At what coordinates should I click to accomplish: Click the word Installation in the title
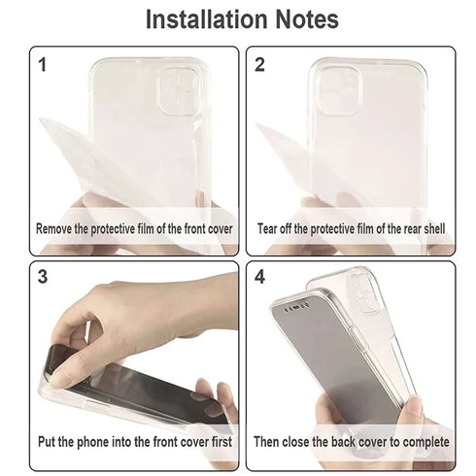(201, 19)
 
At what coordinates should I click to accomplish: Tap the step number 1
(42, 65)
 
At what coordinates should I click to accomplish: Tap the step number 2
(260, 65)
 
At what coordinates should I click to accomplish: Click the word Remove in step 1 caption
(55, 229)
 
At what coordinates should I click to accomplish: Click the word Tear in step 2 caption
(268, 229)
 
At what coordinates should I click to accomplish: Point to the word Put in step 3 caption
(47, 441)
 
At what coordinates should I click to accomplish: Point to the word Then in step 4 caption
(268, 441)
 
